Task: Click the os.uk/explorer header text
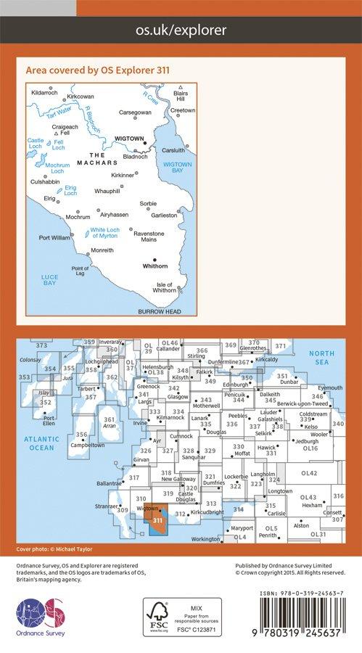[x=181, y=30]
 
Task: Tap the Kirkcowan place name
[x=81, y=96]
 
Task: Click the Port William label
[x=54, y=237]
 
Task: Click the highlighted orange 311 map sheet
[x=156, y=519]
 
